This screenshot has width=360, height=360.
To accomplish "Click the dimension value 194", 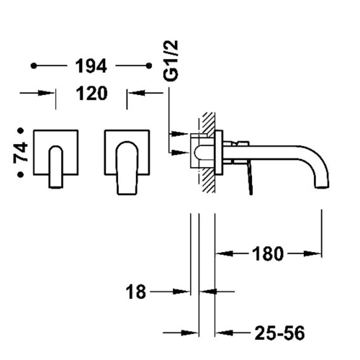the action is click(91, 66).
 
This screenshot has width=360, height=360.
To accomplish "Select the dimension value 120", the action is click(91, 94).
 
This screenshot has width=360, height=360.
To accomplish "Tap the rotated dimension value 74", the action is click(20, 153).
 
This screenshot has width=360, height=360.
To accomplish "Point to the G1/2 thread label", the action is click(171, 60).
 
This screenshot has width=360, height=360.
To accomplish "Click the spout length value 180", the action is click(268, 253).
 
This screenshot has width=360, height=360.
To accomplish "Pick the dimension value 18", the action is click(136, 292).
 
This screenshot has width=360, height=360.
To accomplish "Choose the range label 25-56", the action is click(279, 333).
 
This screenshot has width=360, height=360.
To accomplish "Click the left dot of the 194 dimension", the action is click(34, 66).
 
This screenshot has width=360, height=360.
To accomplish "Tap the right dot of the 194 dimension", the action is click(149, 66).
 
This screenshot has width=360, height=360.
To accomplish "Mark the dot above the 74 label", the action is click(21, 130).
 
